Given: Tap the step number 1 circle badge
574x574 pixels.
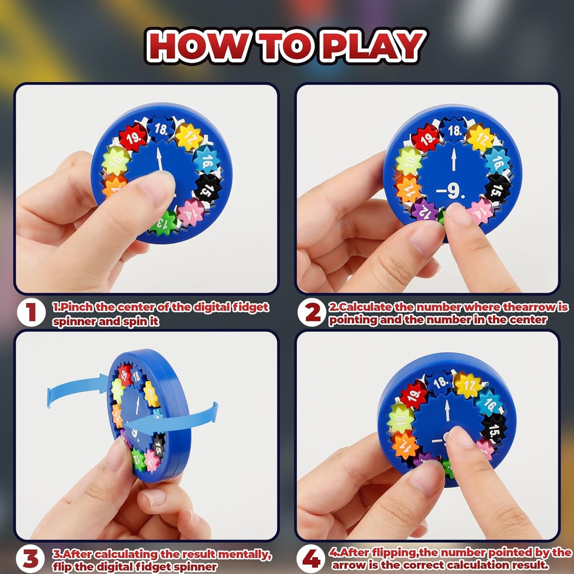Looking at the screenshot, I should pos(31,313).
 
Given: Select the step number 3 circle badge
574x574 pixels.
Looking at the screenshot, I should pos(30,559).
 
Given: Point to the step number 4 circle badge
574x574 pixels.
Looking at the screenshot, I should pos(311,559).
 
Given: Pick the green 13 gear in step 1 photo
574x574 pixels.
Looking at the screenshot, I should pos(162,223).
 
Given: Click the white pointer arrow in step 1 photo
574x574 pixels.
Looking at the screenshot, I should pos(160,159).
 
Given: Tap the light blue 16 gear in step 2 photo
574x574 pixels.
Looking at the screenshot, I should pos(497,160).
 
